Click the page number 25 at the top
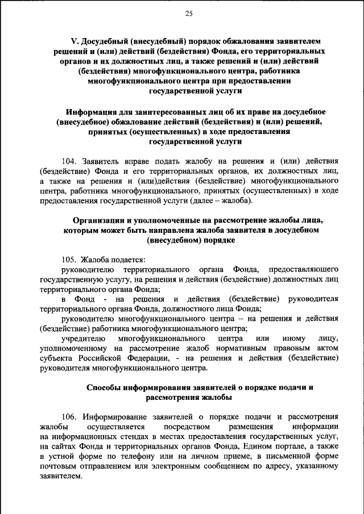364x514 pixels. pos(189,14)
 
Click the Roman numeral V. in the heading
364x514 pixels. pos(74,41)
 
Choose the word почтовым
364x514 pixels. pos(60,466)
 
